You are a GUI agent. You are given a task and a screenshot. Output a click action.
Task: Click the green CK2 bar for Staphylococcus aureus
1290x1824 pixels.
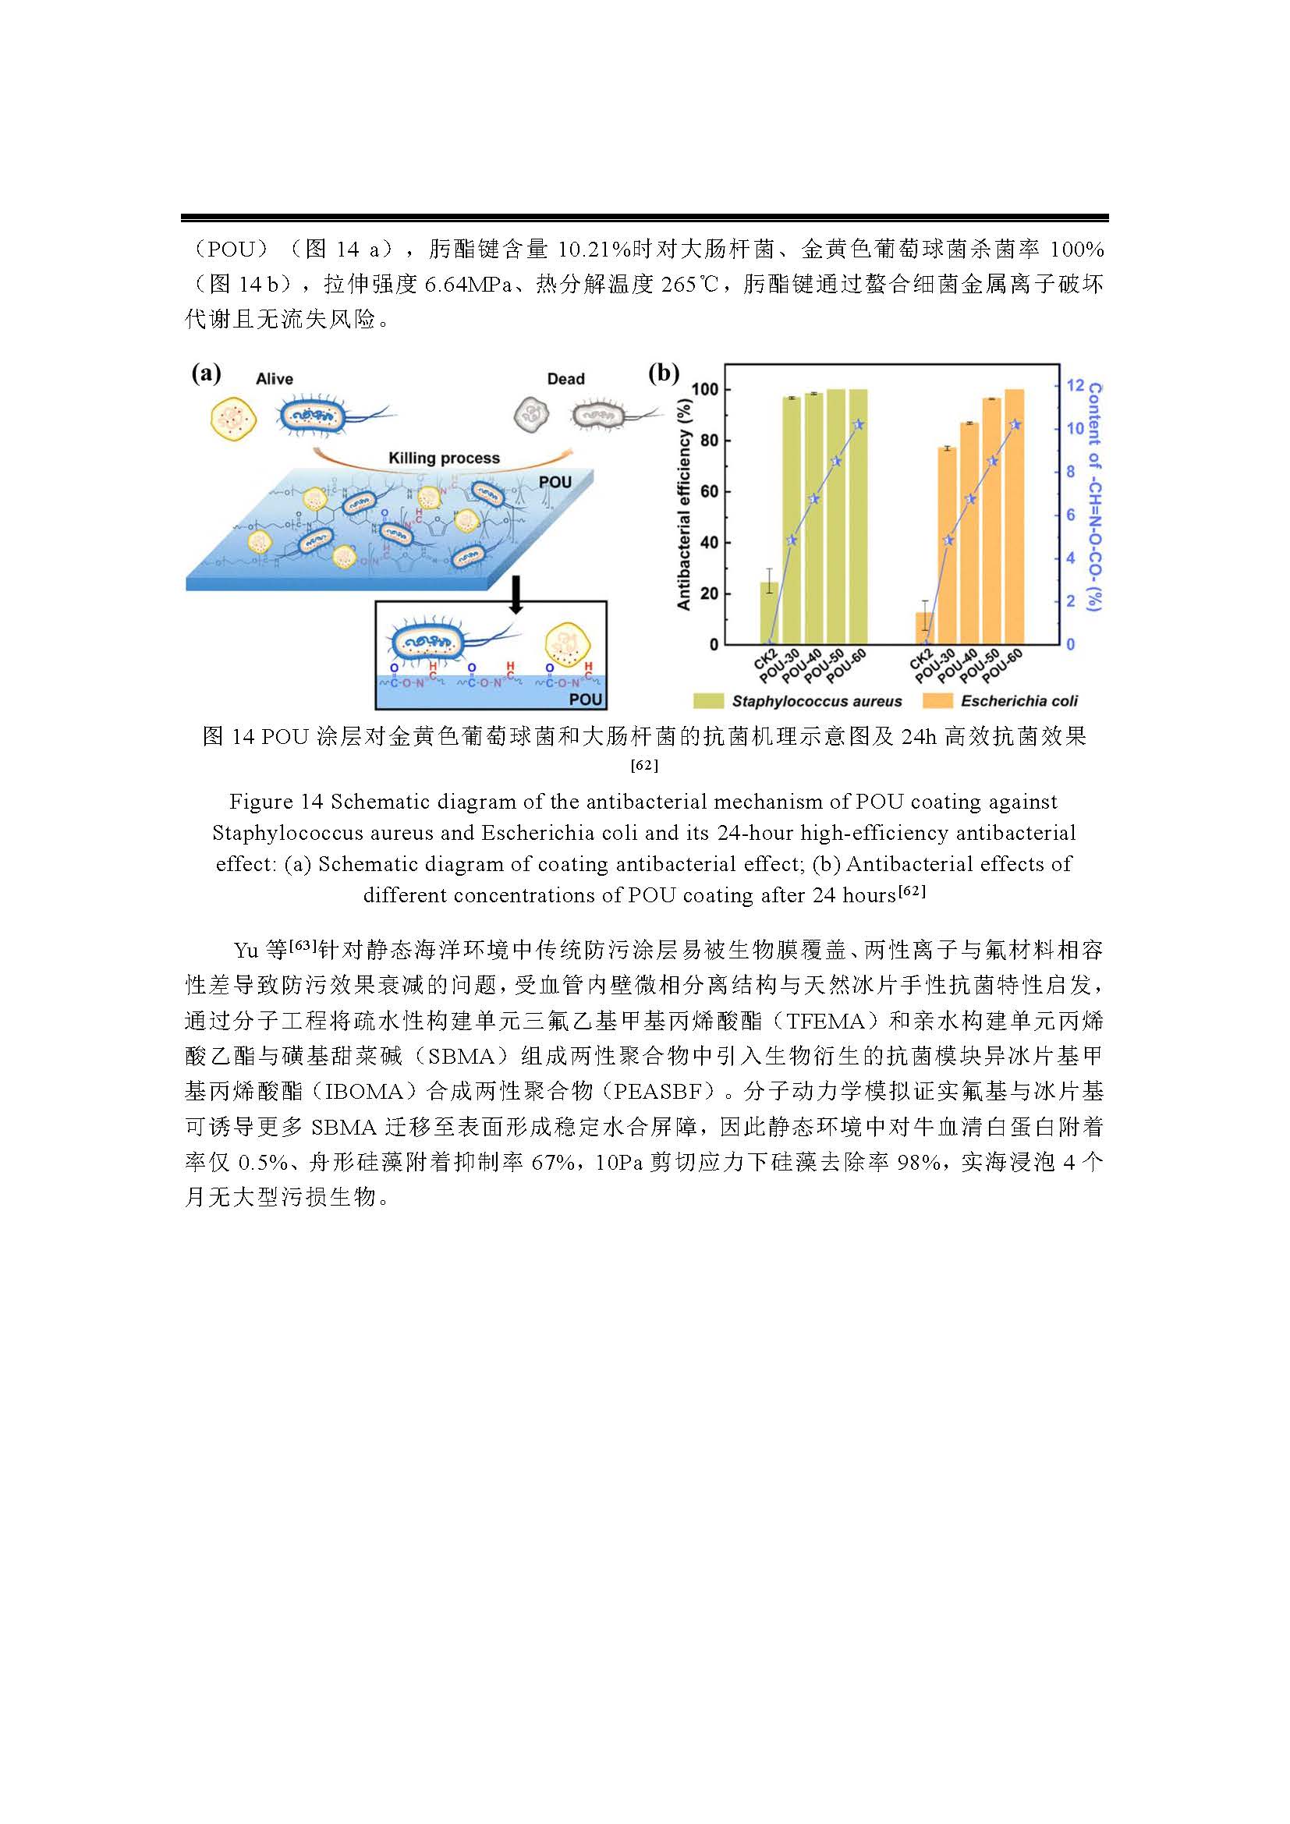[x=769, y=612]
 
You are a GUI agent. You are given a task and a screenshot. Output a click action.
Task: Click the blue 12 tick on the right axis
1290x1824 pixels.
[x=1075, y=385]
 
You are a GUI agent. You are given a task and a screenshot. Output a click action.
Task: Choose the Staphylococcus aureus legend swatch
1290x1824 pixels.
[x=708, y=702]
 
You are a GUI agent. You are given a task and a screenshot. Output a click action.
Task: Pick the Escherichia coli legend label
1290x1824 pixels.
[x=1019, y=702]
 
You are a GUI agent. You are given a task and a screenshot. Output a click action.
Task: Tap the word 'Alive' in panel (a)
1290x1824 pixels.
[x=274, y=380]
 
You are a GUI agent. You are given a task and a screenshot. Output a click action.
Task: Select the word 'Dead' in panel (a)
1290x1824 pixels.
[x=565, y=380]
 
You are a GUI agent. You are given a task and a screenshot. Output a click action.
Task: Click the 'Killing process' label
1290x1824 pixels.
[x=444, y=459]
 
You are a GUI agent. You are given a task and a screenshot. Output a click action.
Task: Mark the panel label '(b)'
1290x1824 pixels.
[x=664, y=373]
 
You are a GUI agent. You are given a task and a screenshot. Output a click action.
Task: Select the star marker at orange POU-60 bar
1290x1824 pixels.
[x=1015, y=425]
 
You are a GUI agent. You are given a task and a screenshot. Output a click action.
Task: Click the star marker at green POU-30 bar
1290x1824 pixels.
[x=791, y=541]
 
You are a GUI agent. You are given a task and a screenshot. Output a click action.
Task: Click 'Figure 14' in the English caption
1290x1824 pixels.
[x=276, y=802]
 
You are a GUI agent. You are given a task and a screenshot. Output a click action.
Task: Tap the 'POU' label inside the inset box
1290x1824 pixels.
[x=587, y=699]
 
